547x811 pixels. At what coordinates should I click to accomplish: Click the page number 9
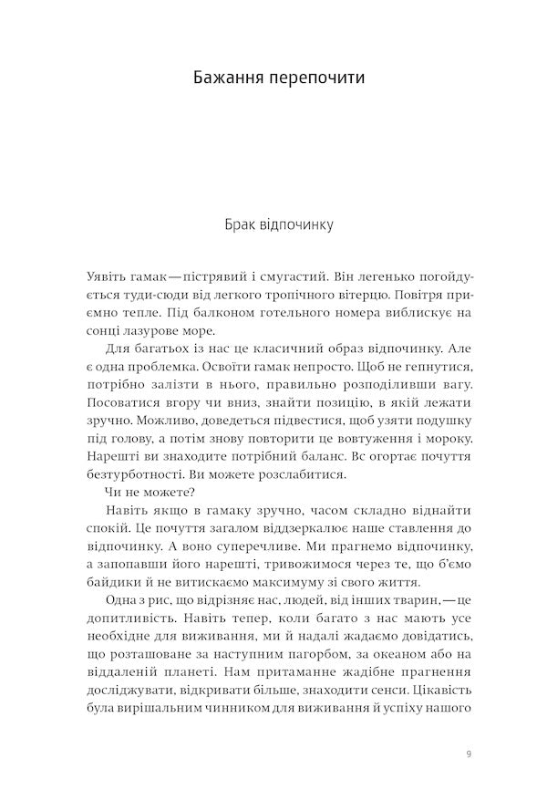pyautogui.click(x=468, y=754)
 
